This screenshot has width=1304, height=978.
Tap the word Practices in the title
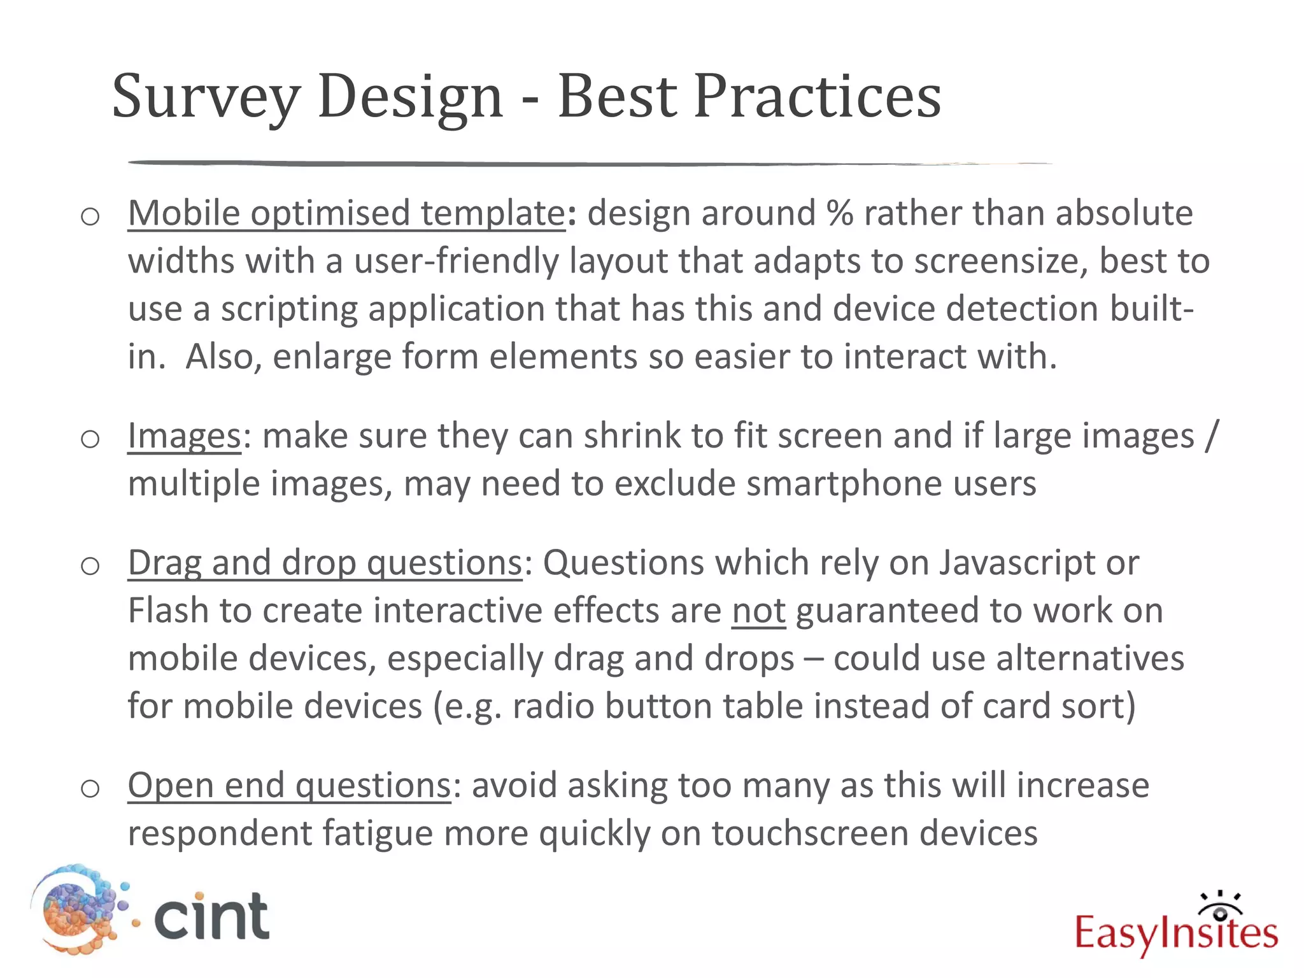point(817,97)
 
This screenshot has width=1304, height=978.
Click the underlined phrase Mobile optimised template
point(346,213)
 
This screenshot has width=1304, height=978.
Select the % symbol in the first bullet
point(840,213)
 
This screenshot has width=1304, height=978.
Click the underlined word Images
point(184,436)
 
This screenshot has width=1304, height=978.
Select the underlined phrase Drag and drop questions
point(325,563)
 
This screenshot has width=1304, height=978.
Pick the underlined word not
point(758,611)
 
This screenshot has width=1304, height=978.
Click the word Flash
point(168,611)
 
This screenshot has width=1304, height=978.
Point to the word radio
point(553,706)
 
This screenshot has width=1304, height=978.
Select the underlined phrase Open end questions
point(289,785)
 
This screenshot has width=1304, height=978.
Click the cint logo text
point(211,916)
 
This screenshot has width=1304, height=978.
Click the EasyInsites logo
point(1176,927)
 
